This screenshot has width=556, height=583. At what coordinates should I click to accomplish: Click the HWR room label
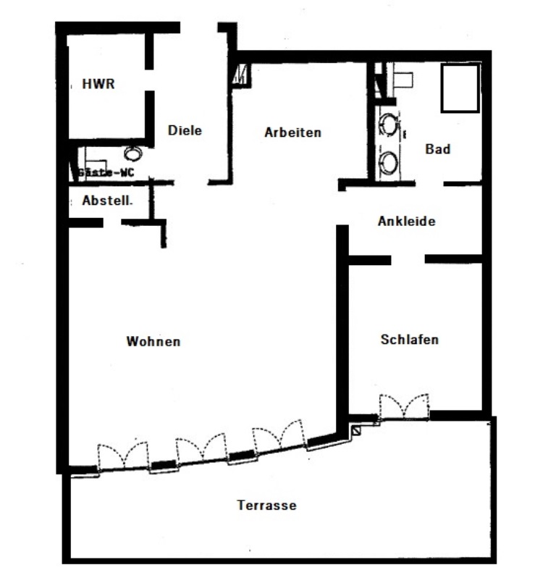tap(98, 84)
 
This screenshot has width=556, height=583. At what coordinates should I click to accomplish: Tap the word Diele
tap(185, 130)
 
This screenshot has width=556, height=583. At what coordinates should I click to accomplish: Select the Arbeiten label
tap(293, 133)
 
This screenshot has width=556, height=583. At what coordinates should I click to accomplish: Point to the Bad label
tap(438, 149)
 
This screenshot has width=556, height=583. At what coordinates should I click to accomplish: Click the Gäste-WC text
tap(106, 172)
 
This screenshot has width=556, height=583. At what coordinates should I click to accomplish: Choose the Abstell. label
tap(107, 201)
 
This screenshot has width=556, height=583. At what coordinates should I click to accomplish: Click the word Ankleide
tap(407, 221)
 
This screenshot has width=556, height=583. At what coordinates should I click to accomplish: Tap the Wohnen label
tap(153, 341)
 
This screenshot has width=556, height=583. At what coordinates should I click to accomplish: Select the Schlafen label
tap(410, 340)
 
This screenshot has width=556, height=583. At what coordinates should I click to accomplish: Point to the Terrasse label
tap(267, 506)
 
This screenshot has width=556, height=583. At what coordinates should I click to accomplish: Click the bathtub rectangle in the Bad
tap(460, 88)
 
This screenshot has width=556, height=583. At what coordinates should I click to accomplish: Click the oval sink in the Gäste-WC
tap(133, 154)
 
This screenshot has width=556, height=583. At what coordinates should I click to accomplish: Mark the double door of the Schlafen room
tap(404, 407)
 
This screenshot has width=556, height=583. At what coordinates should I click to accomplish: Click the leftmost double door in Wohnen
tap(123, 456)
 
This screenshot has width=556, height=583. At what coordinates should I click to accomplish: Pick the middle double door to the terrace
tap(201, 448)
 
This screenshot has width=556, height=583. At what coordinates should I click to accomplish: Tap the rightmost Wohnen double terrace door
tap(279, 435)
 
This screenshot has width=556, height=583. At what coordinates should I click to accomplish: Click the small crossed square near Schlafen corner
tap(356, 431)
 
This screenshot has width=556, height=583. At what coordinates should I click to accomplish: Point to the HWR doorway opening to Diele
tap(149, 80)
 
